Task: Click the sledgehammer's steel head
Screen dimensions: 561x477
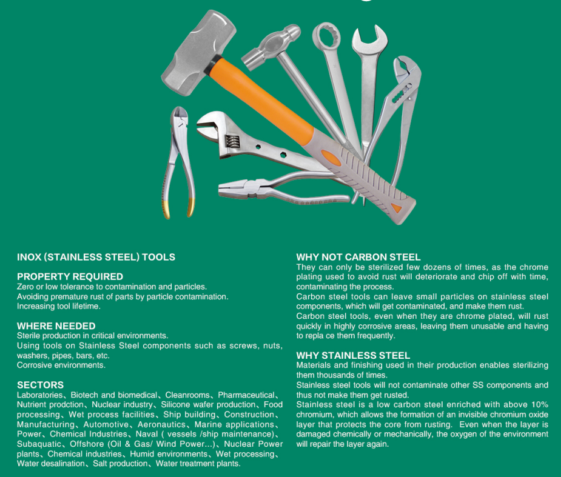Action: click(198, 52)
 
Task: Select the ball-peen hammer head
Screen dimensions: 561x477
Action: click(271, 47)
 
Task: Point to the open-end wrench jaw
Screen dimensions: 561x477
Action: click(369, 39)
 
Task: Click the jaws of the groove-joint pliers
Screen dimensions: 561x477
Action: click(406, 72)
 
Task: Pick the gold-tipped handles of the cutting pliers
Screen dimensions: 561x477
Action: click(179, 208)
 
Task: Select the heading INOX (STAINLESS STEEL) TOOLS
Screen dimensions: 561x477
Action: click(96, 257)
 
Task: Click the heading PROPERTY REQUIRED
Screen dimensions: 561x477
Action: click(70, 276)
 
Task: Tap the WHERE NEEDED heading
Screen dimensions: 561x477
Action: click(56, 325)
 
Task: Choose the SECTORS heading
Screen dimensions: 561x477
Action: click(40, 385)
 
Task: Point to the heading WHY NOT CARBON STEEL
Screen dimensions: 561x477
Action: click(358, 257)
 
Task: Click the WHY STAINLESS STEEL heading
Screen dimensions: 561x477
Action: click(353, 355)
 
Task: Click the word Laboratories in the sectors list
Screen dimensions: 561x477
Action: click(39, 395)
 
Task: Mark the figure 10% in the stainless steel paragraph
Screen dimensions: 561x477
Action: click(540, 404)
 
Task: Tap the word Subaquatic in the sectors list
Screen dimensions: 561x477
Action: click(39, 444)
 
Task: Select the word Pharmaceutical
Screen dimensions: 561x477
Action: click(246, 395)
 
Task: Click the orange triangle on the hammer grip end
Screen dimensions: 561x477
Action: click(395, 207)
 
